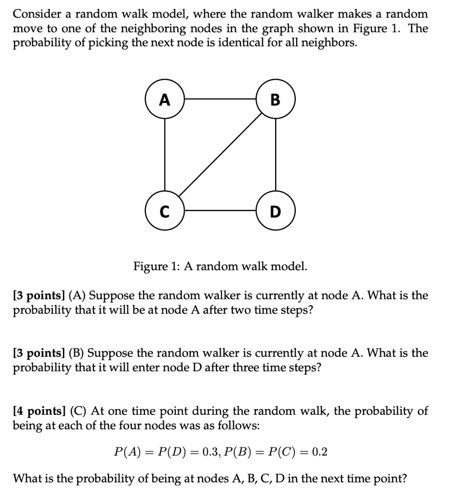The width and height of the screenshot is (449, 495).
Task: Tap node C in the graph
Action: point(165,211)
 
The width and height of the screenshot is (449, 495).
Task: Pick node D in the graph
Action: point(275,211)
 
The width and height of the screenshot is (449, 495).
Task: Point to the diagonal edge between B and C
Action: point(220,156)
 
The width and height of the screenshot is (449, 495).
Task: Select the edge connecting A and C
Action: point(165,155)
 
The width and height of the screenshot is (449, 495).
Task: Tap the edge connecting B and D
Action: point(275,155)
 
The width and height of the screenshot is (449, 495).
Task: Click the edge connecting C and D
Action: point(220,211)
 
